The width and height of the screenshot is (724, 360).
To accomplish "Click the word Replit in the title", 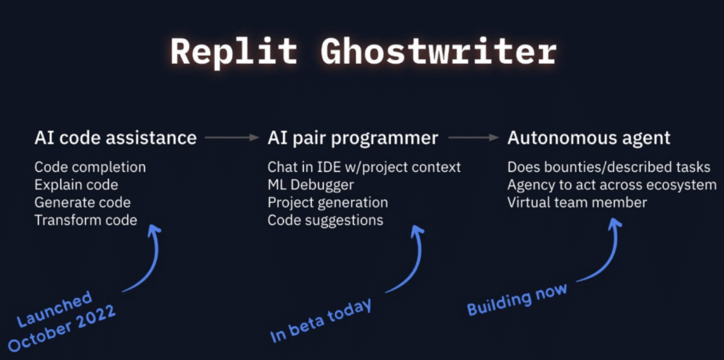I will (235, 52).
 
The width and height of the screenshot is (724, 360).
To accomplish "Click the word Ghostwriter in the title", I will (438, 52).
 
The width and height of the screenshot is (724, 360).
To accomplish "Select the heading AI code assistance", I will (115, 138).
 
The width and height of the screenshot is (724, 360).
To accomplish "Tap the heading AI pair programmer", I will (353, 138).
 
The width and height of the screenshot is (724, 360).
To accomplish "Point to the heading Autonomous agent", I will (589, 138).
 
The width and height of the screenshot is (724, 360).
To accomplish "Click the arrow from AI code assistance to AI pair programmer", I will (233, 138).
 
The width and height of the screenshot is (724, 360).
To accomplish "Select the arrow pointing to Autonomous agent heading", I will (474, 138).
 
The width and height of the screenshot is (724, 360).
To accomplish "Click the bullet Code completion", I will (90, 168).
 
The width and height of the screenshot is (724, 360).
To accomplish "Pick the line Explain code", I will (76, 185).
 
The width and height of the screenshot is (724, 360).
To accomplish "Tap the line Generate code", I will (82, 203).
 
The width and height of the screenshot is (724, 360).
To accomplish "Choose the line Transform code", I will (86, 220).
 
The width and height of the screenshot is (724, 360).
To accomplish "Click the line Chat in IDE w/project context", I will (364, 168).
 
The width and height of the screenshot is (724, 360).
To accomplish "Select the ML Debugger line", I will (310, 185).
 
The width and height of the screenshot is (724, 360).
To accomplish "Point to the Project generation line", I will (327, 203).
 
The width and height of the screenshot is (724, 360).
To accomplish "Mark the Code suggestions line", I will (325, 220).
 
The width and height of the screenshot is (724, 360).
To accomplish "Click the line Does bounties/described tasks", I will (609, 168).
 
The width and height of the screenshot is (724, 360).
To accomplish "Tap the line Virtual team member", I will (577, 203).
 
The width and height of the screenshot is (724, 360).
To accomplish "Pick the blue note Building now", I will (517, 299).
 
